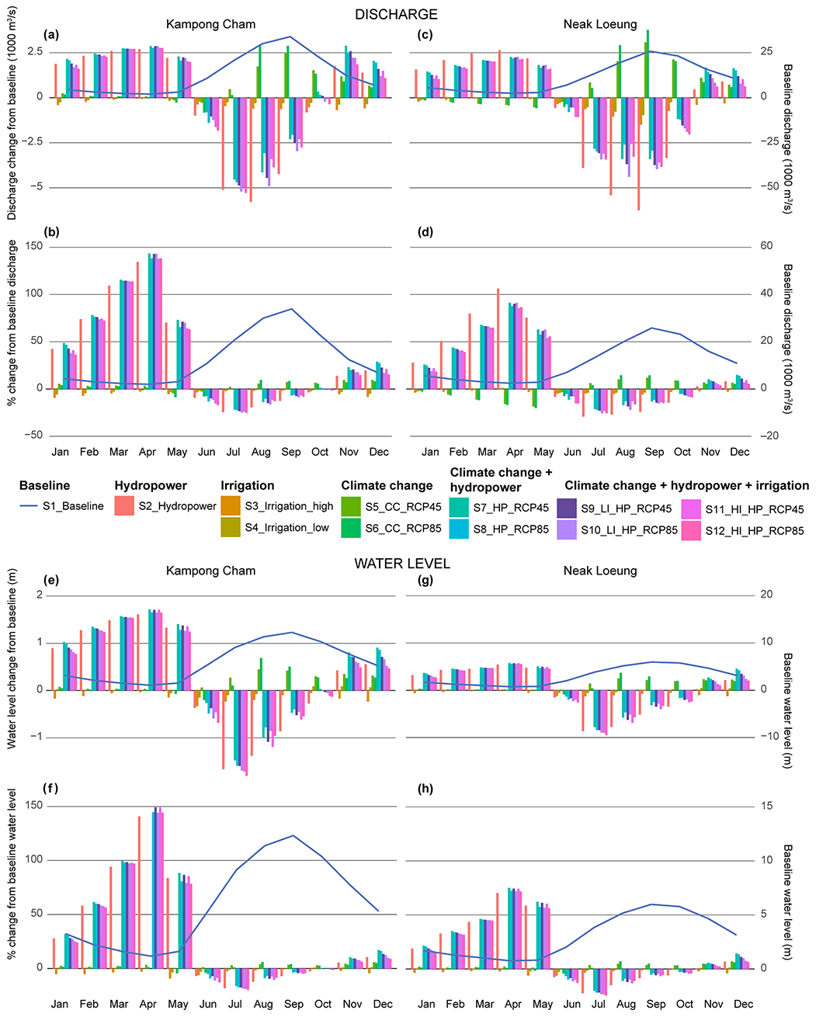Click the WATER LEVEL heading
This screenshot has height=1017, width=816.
[402, 564]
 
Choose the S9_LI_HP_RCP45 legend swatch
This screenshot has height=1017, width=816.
[568, 509]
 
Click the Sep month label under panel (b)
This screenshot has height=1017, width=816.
[290, 452]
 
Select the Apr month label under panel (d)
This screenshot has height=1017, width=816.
[515, 452]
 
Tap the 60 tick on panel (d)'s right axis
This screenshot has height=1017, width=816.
[766, 246]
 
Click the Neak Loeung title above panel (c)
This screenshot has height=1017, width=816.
[599, 24]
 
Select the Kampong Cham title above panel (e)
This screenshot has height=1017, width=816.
[210, 571]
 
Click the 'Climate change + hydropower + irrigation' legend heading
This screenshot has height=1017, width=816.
[686, 485]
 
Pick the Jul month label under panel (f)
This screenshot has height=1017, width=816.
[234, 1004]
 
